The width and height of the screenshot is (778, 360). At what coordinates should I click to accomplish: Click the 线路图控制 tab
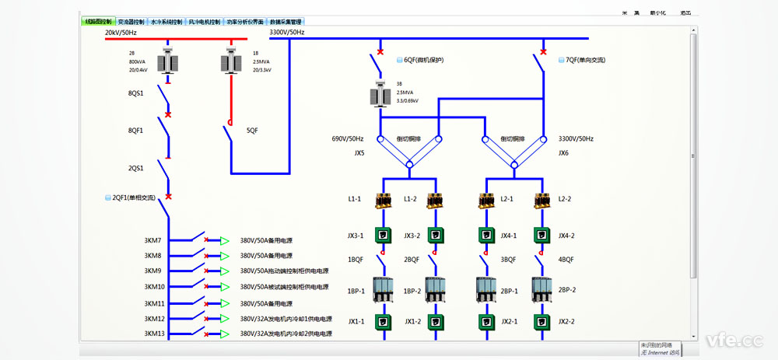97,22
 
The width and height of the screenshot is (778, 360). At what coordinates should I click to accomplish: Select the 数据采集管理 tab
286,22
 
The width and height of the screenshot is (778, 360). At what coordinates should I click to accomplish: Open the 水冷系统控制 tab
166,22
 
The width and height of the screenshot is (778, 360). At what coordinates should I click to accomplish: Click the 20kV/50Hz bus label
121,33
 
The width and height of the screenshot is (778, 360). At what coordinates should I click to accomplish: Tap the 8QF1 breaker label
136,131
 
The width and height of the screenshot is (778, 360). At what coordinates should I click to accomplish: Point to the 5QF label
252,131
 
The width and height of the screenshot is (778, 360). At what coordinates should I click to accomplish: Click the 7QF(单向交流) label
585,60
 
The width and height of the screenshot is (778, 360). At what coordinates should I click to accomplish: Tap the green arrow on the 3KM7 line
225,240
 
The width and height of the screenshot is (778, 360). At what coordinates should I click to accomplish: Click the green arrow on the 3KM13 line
225,334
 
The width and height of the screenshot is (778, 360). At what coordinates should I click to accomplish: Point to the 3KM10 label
154,287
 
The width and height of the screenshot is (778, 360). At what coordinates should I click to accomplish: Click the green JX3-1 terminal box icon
382,235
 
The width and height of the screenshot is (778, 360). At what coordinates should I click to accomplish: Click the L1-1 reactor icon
382,200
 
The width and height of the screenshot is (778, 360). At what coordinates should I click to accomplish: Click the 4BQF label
566,260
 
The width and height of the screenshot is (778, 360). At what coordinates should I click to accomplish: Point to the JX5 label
359,153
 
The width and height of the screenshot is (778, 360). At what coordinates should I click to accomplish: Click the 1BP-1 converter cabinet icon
382,289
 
